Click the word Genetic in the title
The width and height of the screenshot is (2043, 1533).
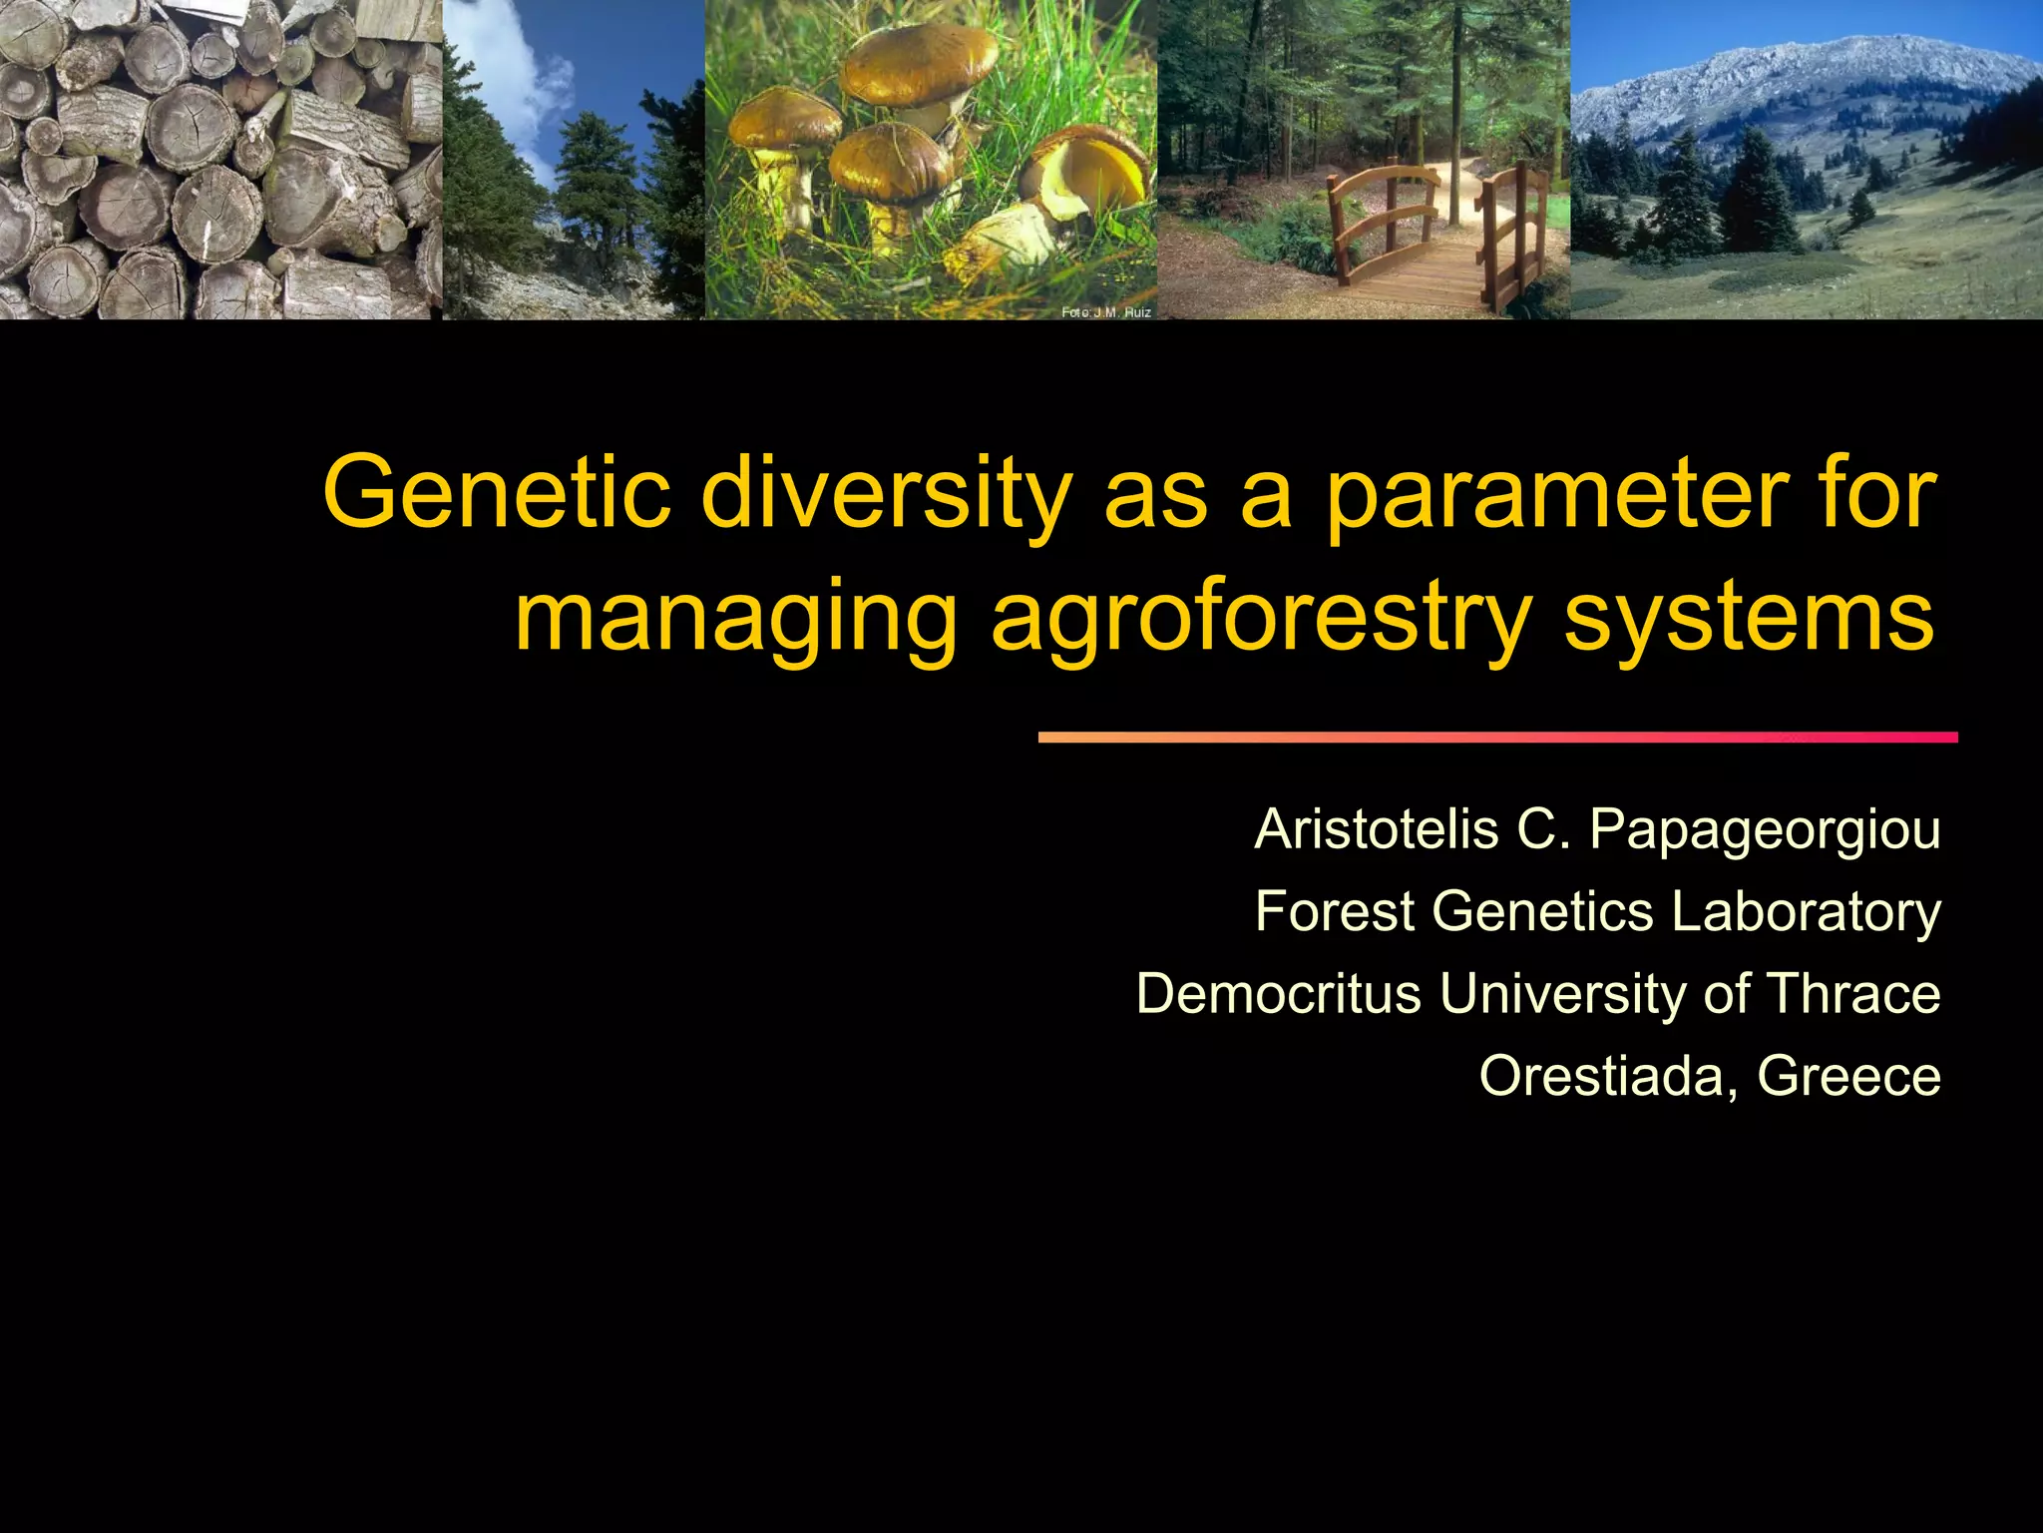click(497, 493)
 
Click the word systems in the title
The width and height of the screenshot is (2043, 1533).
click(1749, 617)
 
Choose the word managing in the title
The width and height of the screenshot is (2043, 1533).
click(735, 617)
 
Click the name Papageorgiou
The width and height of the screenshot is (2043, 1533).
click(1765, 829)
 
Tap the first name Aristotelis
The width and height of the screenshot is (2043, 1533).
click(1377, 829)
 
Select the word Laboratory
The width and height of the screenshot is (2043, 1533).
click(1806, 911)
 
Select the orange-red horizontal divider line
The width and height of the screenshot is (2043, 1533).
click(1496, 738)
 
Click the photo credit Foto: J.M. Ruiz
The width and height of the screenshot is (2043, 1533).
click(1105, 312)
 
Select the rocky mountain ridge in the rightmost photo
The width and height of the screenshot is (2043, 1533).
click(1796, 70)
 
